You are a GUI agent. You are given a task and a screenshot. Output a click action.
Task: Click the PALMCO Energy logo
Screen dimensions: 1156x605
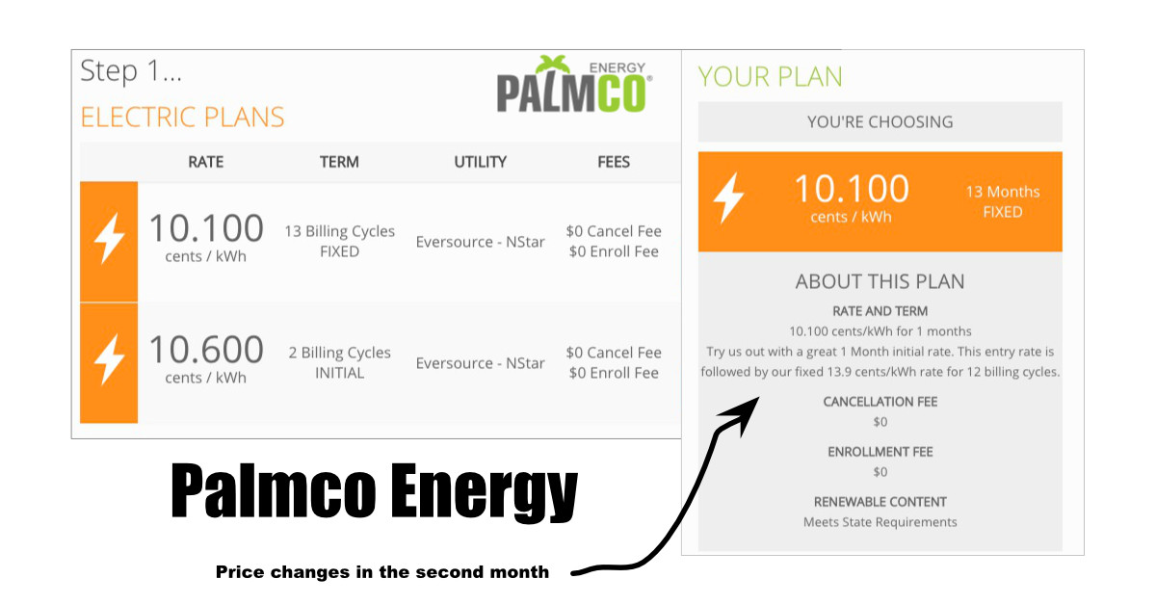click(574, 84)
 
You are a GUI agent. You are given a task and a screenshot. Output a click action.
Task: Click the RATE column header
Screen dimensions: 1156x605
click(205, 162)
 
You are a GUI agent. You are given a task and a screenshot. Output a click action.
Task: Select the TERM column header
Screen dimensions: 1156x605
click(339, 162)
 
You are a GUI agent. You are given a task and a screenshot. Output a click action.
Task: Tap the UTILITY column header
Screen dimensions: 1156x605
click(480, 162)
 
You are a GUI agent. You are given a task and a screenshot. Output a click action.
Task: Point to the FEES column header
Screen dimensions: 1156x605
click(614, 162)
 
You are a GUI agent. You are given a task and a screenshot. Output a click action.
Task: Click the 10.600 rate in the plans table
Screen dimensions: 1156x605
click(206, 350)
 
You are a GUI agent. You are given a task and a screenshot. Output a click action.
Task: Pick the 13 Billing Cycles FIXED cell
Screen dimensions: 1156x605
click(339, 241)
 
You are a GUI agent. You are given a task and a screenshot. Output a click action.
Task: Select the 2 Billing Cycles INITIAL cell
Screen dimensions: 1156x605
click(339, 362)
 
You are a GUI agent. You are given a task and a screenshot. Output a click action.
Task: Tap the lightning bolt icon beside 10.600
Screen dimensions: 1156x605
click(110, 359)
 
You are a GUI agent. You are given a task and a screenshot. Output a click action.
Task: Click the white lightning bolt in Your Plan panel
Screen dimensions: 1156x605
click(728, 197)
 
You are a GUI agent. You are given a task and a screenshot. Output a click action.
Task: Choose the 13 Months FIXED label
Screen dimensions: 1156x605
click(1002, 202)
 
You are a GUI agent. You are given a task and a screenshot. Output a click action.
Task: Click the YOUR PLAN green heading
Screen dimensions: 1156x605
click(770, 77)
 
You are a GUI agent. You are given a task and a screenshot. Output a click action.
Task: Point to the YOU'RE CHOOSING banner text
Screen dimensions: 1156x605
click(880, 121)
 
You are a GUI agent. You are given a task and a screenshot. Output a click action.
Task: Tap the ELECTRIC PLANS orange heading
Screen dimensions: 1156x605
click(182, 118)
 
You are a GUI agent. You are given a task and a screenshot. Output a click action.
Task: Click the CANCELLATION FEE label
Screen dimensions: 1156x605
click(880, 402)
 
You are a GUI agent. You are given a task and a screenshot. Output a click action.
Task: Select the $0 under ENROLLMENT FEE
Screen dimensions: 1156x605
click(880, 472)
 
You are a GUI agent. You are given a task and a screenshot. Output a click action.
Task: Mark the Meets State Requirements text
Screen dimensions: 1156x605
click(880, 522)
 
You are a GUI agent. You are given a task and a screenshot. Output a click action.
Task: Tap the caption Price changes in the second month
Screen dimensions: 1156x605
click(382, 572)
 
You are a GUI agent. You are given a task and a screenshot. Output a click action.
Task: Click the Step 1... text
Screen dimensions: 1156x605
click(131, 70)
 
